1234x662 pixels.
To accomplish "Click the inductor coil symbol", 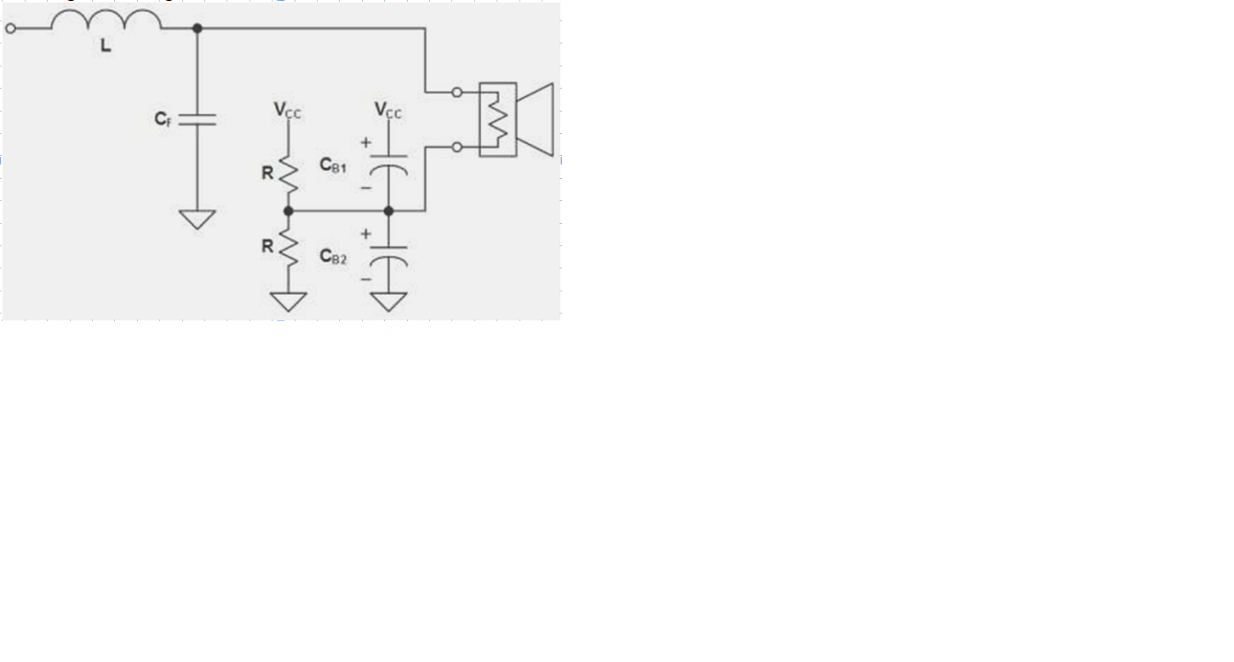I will pos(106,20).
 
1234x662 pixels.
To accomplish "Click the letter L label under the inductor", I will pos(106,46).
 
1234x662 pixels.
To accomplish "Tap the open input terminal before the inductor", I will pos(10,28).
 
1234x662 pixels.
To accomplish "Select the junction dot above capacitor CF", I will pos(198,28).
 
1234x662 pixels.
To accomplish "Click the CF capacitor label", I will pos(163,119).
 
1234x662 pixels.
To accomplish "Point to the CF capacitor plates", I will pos(198,119).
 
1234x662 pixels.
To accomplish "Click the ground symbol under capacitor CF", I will pos(198,219).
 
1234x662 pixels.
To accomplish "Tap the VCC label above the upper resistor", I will pos(287,110).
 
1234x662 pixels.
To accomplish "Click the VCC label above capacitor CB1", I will pos(388,110).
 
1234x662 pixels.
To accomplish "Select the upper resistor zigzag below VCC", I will pos(289,174).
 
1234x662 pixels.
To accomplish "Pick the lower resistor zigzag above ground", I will pos(289,247).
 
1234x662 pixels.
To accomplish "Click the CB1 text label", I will pos(333,165).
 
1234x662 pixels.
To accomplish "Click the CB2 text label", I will pos(333,256).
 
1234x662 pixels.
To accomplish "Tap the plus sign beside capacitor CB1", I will pos(366,143).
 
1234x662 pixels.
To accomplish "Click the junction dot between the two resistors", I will pos(289,210).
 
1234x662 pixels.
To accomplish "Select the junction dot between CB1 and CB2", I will pos(389,210).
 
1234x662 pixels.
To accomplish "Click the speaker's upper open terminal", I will pos(457,92).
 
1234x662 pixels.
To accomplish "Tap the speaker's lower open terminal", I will pos(457,147).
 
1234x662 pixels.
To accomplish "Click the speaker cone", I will pos(537,119).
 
